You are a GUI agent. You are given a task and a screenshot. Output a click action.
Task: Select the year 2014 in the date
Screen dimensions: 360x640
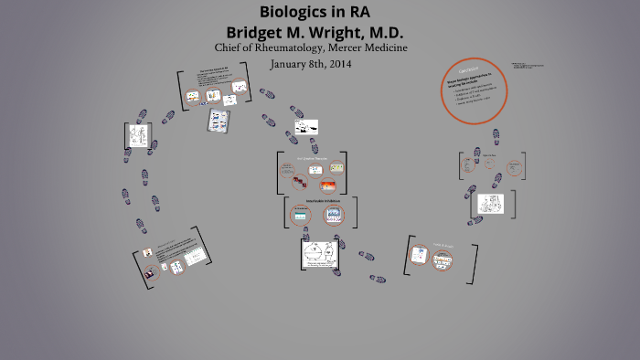click(336, 64)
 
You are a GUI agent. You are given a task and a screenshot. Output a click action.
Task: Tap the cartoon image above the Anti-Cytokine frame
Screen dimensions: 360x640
click(305, 127)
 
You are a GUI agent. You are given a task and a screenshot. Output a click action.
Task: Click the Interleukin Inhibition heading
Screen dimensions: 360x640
click(317, 200)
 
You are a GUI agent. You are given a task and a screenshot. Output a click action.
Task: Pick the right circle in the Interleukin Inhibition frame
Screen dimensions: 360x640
click(334, 215)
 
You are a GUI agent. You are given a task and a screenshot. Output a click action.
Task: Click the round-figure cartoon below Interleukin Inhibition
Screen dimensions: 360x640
click(321, 255)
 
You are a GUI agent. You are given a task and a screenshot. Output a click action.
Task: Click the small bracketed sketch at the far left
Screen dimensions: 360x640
click(137, 135)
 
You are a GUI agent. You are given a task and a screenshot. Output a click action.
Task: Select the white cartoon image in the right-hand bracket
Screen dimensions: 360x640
click(491, 203)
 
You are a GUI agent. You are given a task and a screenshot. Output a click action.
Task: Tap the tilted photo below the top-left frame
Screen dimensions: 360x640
click(218, 120)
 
